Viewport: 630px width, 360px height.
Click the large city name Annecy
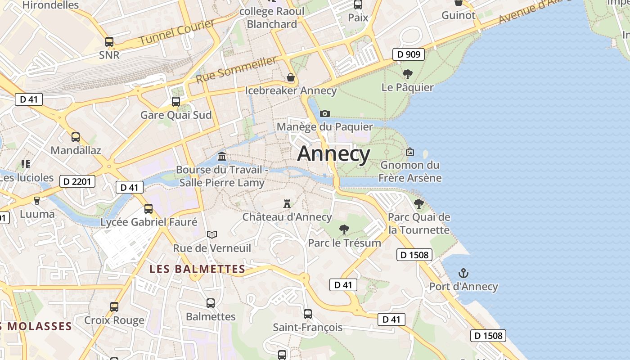coord(333,154)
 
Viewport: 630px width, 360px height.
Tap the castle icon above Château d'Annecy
coord(287,203)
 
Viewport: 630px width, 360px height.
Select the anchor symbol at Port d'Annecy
coord(463,273)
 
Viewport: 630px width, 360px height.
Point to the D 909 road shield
coord(409,54)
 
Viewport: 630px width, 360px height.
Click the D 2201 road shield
coord(77,181)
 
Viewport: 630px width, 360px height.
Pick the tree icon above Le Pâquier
coord(408,74)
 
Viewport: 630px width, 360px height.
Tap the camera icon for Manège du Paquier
coord(324,113)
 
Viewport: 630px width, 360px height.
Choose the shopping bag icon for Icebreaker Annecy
coord(291,77)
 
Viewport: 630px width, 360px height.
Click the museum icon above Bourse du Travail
coord(222,156)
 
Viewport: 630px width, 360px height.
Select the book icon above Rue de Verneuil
coord(212,234)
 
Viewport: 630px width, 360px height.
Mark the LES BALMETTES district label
coord(197,269)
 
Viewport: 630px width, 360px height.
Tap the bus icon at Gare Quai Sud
coord(176,101)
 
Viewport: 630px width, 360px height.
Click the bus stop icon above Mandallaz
coord(76,137)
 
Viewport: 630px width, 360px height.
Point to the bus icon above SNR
coord(109,42)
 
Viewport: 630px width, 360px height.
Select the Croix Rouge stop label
coord(114,320)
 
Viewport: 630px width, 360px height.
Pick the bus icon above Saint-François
coord(308,314)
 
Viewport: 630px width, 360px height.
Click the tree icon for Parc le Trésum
coord(344,229)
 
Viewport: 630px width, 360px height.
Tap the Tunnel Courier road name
coord(176,32)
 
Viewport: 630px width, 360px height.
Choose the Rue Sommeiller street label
coord(236,69)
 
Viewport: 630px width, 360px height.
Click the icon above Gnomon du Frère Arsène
coord(409,152)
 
